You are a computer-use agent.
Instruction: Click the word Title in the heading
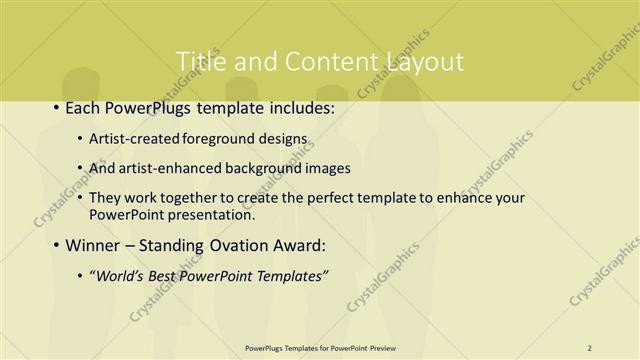(200, 62)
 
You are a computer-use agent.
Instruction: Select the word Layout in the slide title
(422, 62)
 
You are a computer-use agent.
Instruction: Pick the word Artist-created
(133, 138)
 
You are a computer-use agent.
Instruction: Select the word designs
(284, 138)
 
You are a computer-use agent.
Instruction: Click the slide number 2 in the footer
(589, 348)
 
